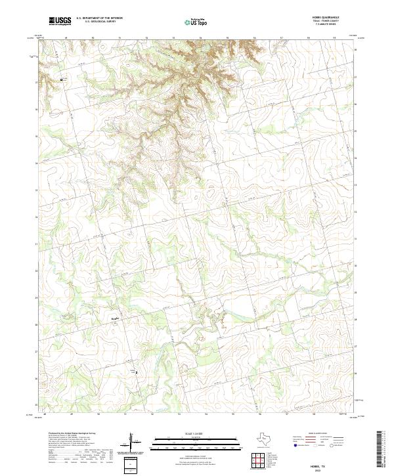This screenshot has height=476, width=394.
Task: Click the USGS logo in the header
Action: [60, 21]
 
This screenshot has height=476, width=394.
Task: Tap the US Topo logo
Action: [190, 23]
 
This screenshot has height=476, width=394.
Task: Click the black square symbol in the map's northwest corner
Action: [62, 79]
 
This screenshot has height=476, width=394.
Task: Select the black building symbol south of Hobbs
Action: [136, 373]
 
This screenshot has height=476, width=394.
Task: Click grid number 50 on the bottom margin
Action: [98, 415]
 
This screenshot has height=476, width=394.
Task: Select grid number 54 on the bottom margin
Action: [206, 415]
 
